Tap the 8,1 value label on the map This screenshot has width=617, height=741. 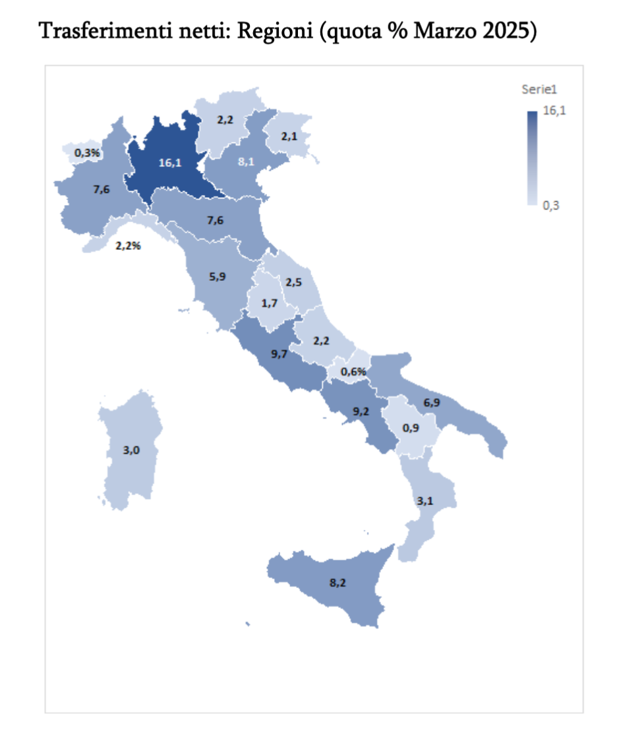pos(246,160)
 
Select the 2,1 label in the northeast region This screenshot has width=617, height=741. pos(289,136)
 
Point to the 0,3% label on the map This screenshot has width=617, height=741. pos(87,153)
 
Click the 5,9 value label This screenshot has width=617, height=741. pos(218,277)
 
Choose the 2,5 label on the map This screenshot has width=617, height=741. pos(293,282)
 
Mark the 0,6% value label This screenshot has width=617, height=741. pos(353,372)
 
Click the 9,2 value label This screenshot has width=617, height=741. pos(361,411)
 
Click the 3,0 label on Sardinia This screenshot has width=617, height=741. pos(131,450)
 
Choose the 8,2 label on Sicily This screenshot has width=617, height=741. pos(337,582)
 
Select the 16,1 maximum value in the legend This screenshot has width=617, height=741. pos(554,111)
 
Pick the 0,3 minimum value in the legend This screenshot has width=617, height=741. pos(551,206)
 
